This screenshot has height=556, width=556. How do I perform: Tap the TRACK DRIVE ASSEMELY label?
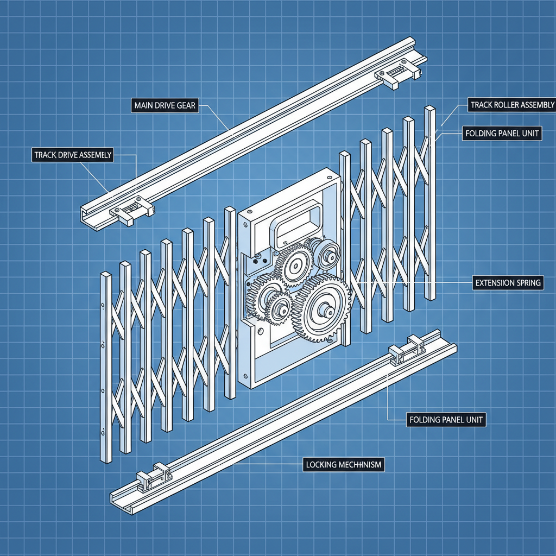click(73, 155)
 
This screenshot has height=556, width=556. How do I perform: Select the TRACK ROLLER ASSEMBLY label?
click(512, 105)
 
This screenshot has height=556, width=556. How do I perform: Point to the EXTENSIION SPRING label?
click(507, 283)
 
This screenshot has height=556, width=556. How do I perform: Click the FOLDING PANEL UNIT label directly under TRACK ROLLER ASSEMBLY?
click(502, 134)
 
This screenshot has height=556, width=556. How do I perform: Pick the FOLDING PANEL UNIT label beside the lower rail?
click(446, 420)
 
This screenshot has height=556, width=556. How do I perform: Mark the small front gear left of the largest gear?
click(277, 309)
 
